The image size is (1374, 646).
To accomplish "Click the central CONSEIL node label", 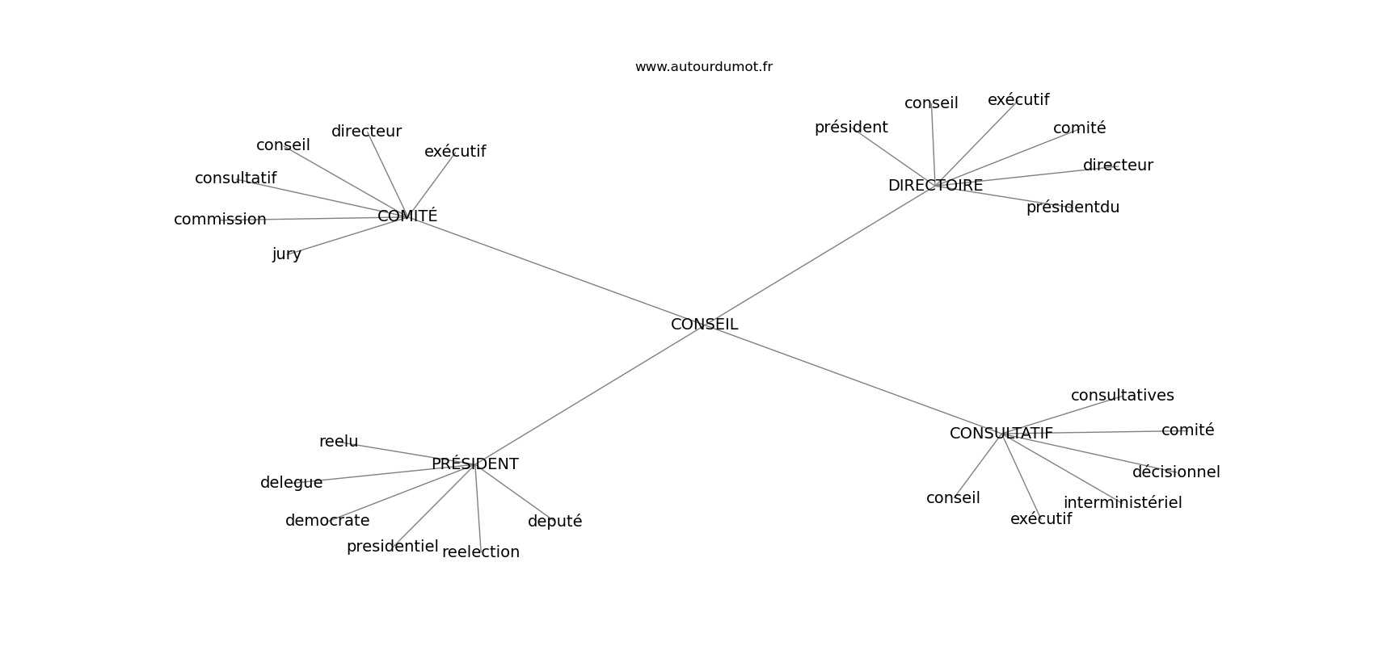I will (x=704, y=325).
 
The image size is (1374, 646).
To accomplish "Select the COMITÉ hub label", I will (x=407, y=216).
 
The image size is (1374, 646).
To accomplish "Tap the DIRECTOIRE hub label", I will (x=935, y=186).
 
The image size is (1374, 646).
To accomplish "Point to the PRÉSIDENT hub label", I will (x=474, y=464).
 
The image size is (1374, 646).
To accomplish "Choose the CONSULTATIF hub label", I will (x=1001, y=434).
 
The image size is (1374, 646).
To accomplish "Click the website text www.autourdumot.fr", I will (x=703, y=67).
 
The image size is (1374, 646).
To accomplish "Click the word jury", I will (x=287, y=254).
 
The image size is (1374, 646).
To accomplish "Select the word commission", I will (x=220, y=220).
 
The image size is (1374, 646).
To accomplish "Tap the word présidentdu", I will (x=1073, y=208).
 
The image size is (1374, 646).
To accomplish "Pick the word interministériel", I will (x=1122, y=503).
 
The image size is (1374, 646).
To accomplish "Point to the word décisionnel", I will (x=1175, y=472).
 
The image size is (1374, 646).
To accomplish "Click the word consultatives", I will (x=1122, y=396).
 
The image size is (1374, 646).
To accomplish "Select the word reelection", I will (x=481, y=552).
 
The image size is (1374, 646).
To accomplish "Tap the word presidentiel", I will (x=392, y=547).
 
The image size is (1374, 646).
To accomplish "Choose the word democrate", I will (x=327, y=521).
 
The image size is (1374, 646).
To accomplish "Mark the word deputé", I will (x=554, y=522).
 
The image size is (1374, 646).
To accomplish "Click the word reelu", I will (x=339, y=442).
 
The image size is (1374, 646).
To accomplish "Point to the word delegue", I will (x=291, y=483).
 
